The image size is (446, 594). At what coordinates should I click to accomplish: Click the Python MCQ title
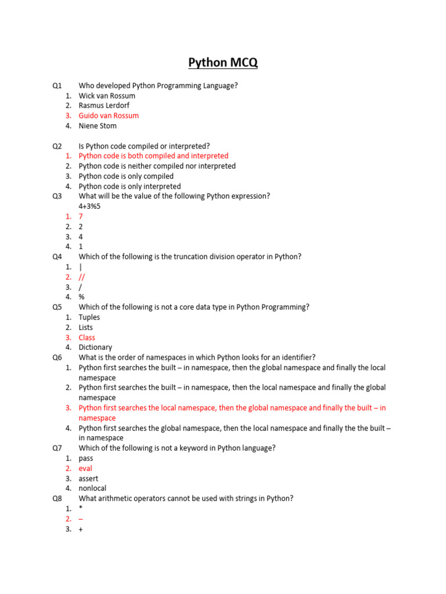(223, 63)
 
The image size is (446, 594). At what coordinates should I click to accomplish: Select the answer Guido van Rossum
(109, 115)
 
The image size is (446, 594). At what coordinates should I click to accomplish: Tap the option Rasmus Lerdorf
(104, 106)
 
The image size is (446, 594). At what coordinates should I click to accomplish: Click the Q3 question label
(57, 196)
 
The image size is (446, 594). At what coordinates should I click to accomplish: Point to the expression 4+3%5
(89, 206)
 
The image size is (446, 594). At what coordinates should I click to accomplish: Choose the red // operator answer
(82, 277)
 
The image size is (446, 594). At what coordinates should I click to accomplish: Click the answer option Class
(87, 338)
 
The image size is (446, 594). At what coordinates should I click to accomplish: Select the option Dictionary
(95, 347)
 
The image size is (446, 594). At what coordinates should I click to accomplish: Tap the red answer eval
(85, 468)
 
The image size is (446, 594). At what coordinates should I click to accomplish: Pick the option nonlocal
(93, 488)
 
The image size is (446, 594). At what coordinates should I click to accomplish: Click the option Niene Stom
(98, 126)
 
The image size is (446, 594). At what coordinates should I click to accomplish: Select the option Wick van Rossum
(107, 96)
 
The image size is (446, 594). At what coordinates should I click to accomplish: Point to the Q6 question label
(57, 357)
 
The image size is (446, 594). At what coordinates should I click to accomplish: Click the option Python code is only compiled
(126, 176)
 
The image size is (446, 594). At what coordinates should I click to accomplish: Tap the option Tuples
(89, 317)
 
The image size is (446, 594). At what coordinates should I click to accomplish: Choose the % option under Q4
(82, 297)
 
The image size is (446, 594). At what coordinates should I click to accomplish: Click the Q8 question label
(57, 498)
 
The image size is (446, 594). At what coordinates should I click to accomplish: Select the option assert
(88, 479)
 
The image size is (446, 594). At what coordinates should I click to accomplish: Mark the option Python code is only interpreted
(130, 186)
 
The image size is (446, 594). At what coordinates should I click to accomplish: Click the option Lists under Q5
(86, 327)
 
